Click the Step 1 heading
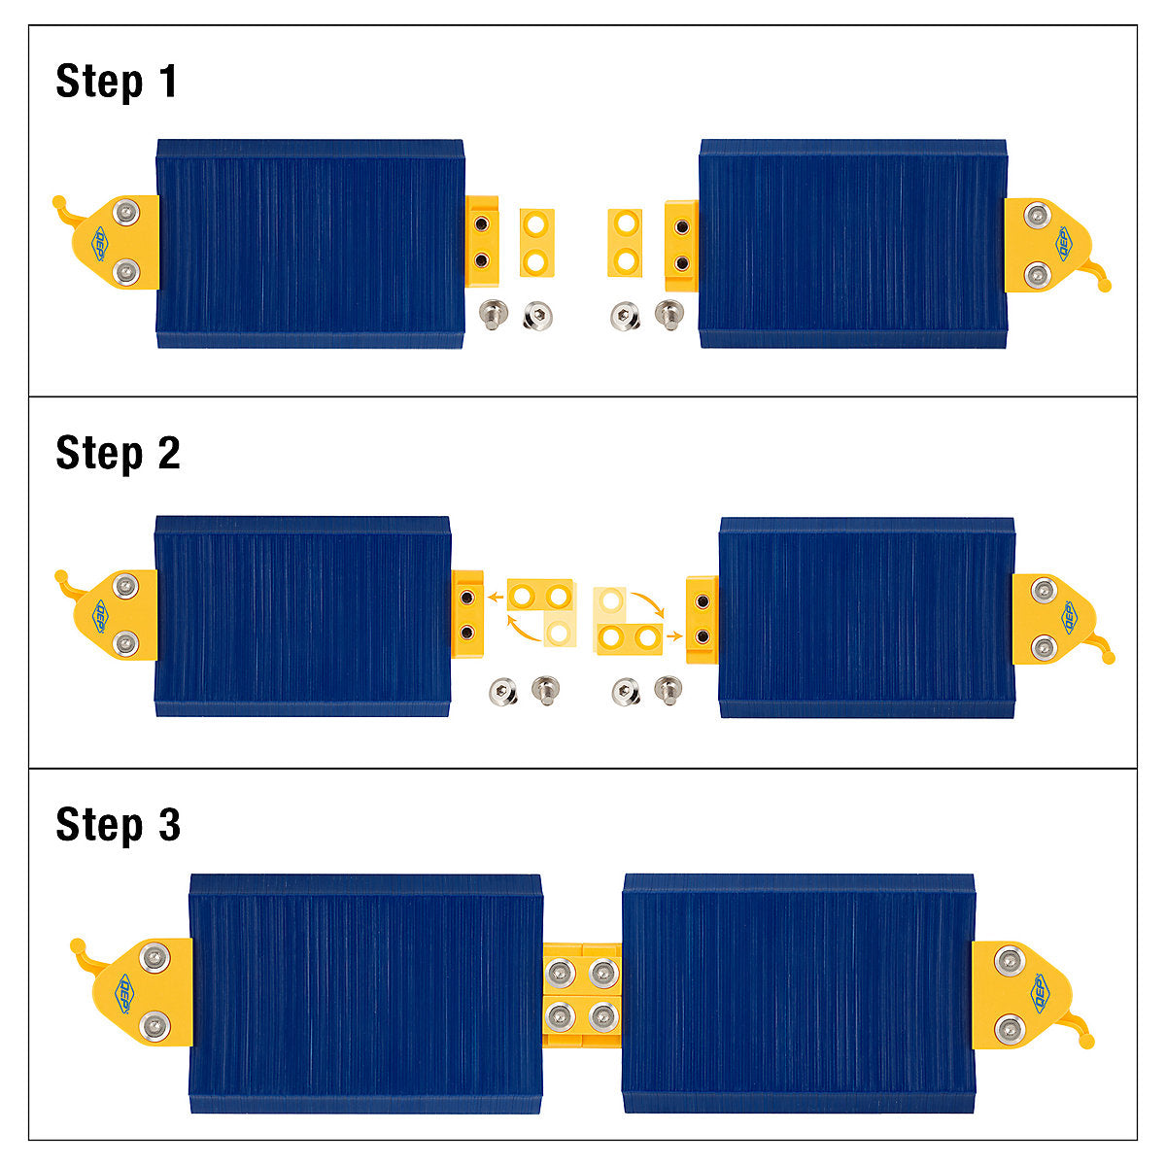[x=117, y=82]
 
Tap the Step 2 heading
[x=118, y=453]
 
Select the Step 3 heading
[x=118, y=824]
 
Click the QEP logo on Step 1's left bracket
[x=99, y=243]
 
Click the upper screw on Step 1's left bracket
[x=127, y=212]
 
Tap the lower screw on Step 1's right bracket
[x=1037, y=275]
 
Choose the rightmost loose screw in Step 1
[x=669, y=315]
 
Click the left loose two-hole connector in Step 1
[x=536, y=243]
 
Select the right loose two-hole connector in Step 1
[x=625, y=243]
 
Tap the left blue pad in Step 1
[x=310, y=244]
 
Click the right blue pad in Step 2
[x=867, y=617]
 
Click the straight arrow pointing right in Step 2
[x=674, y=635]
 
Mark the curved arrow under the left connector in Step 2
[x=522, y=630]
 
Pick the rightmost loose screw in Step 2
[x=669, y=690]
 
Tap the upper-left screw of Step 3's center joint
[x=560, y=973]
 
